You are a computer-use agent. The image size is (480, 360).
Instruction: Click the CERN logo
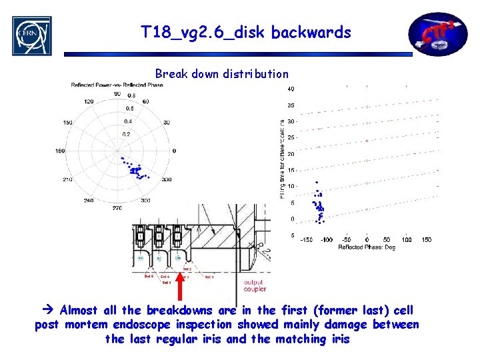pos(31,35)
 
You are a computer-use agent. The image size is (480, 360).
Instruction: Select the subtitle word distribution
pos(256,74)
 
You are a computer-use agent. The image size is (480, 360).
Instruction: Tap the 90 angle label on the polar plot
pos(117,94)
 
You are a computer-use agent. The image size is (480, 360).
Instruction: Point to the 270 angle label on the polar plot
pos(117,208)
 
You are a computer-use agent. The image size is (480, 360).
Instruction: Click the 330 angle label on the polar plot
pos(166,179)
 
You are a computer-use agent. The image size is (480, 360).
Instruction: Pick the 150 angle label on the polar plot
pos(67,123)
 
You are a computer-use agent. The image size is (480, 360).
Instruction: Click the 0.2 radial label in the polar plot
pos(127,134)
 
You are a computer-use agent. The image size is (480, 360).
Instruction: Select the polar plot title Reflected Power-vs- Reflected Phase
pos(117,84)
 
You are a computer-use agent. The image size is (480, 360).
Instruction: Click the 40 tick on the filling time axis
pos(291,89)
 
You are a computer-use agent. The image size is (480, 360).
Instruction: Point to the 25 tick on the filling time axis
pos(291,137)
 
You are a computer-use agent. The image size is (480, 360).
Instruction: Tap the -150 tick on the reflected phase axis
pos(306,239)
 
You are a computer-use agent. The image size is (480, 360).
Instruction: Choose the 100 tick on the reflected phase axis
pos(407,239)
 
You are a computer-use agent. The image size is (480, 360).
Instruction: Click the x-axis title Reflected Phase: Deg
pos(366,247)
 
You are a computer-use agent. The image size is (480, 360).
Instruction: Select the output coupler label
pos(255,285)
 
